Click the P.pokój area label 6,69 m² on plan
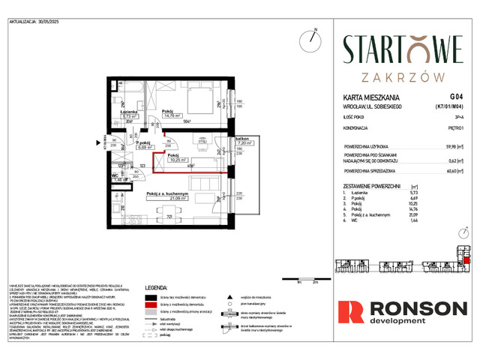tap(122, 148)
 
